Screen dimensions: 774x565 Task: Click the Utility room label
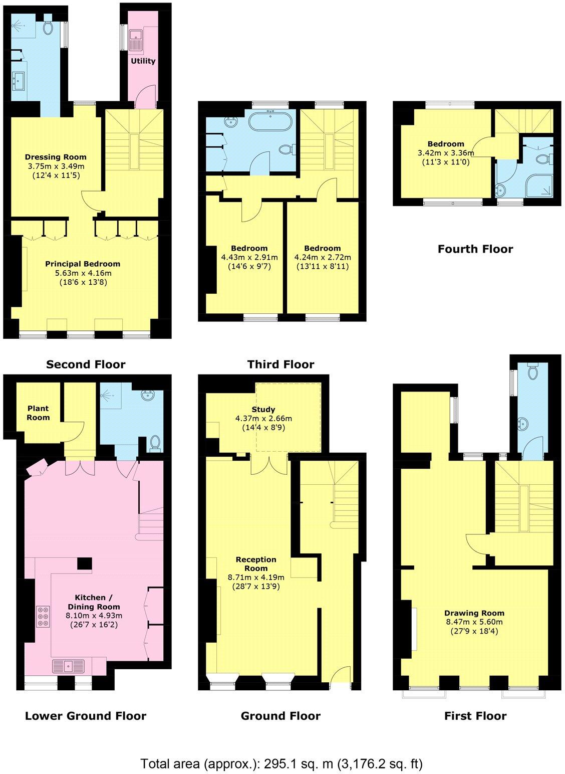coord(143,61)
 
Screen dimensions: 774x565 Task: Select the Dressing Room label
coord(56,157)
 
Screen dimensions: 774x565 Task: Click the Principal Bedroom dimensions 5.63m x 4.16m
coord(83,273)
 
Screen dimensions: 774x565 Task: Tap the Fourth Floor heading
coord(475,249)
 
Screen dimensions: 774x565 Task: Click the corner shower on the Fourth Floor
coord(540,183)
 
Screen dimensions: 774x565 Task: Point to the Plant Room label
coord(39,413)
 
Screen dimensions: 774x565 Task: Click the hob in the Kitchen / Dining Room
coord(43,616)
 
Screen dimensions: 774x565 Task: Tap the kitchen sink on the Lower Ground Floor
coord(69,666)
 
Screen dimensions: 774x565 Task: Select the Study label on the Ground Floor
coord(263,409)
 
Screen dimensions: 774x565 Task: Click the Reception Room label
coord(256,564)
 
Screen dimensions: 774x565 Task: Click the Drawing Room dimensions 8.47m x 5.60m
coord(474,622)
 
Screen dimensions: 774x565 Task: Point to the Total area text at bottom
coord(281,764)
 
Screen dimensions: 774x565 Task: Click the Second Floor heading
coord(86,364)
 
